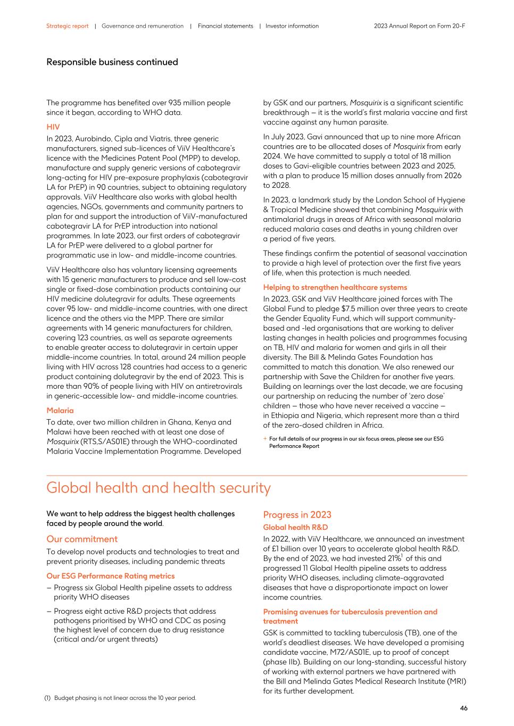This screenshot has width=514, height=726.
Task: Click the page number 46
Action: pos(463,708)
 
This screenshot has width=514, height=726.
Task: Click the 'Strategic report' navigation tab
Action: pos(67,26)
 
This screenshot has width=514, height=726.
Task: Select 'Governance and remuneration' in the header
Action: pos(143,26)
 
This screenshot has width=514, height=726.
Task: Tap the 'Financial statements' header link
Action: pos(226,26)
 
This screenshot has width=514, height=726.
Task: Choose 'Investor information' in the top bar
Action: pos(292,26)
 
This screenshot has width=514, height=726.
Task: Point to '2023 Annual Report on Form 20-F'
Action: pos(419,26)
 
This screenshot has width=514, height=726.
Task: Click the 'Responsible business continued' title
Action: pos(112,62)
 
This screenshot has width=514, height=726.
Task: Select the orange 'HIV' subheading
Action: pos(53,127)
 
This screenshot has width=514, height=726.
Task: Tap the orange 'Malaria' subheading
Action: pos(60,411)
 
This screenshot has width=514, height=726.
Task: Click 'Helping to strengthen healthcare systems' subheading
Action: pos(335,287)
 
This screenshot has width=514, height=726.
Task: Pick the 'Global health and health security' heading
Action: pos(159,488)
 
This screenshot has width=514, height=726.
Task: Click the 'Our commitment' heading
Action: pos(82,539)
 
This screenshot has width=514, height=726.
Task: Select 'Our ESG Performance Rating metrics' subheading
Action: pos(110,576)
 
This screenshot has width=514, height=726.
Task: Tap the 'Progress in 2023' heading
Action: pos(297,515)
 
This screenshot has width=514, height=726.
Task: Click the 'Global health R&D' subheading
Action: pos(295,528)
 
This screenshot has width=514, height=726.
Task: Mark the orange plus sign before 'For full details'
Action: pos(265,439)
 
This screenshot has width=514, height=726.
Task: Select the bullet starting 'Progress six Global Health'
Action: pos(143,593)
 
